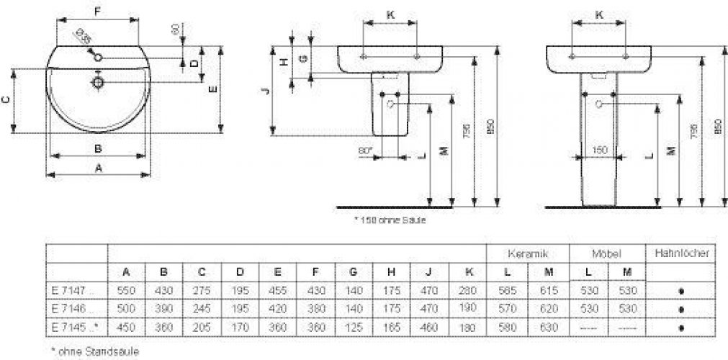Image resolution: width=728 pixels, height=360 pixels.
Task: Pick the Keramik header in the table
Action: click(529, 253)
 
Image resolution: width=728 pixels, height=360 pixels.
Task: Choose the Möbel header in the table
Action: click(606, 253)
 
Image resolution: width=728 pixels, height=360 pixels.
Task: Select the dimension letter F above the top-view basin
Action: click(98, 12)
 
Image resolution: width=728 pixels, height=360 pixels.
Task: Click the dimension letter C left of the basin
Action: click(6, 101)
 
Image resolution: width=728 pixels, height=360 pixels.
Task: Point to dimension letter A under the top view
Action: click(99, 167)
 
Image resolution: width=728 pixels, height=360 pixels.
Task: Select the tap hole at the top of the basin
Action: click(98, 58)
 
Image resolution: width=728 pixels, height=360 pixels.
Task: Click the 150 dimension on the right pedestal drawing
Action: click(599, 149)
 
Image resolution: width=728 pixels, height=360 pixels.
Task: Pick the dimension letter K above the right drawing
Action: click(598, 13)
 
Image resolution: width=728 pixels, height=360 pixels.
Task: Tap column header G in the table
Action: click(353, 272)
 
